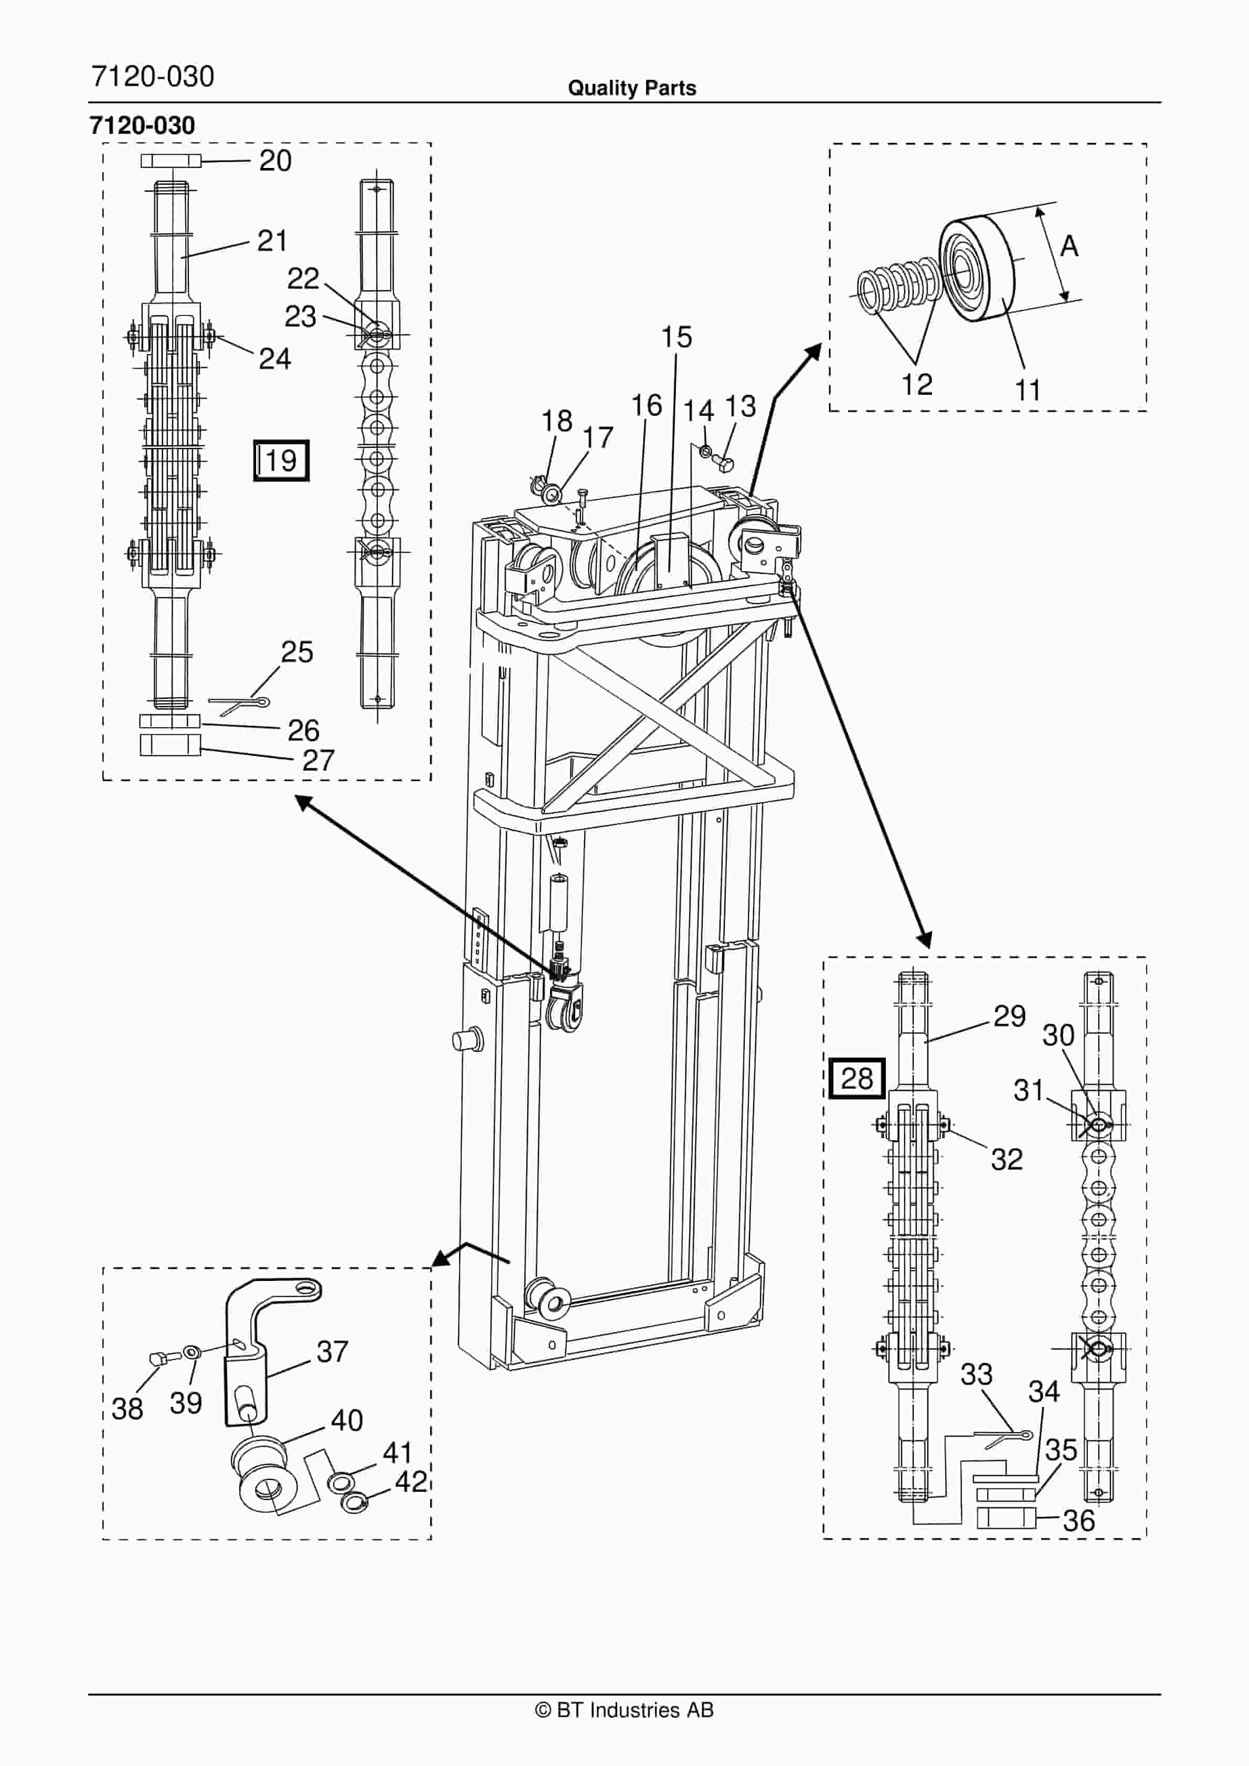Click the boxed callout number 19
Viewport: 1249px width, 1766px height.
281,461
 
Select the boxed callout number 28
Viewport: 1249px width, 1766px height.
856,1078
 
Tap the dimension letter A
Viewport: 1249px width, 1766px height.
1068,247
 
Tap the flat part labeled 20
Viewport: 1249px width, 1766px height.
171,161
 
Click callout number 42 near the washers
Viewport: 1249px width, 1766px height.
411,1481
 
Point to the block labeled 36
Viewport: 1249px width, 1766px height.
1006,1518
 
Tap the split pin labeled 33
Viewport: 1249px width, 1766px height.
1003,1435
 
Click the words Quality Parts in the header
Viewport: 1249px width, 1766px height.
631,88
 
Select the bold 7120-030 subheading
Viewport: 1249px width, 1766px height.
142,125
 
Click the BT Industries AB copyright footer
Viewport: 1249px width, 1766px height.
624,1710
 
